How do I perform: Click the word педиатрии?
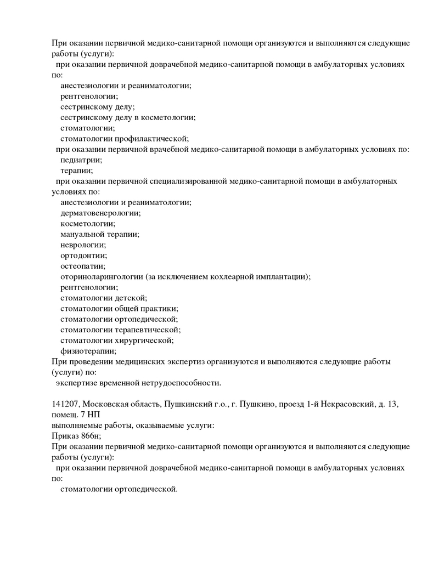pyautogui.click(x=81, y=160)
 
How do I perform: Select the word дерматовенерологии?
pyautogui.click(x=100, y=213)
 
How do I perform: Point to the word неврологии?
pyautogui.click(x=83, y=245)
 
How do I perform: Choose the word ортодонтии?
pyautogui.click(x=83, y=256)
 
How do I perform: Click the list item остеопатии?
pyautogui.click(x=82, y=266)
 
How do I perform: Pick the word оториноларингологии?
pyautogui.click(x=102, y=277)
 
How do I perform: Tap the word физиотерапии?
pyautogui.click(x=88, y=351)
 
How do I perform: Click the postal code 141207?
pyautogui.click(x=65, y=404)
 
